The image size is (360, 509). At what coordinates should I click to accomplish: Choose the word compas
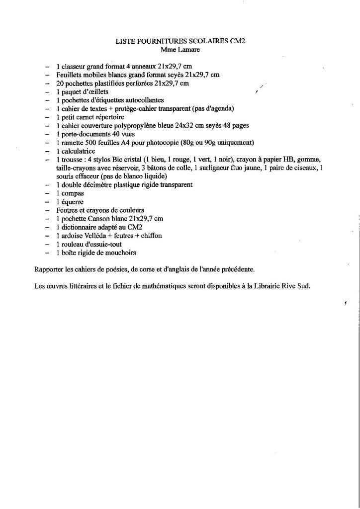(x=73, y=193)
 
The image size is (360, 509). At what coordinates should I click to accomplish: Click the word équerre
(x=74, y=202)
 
